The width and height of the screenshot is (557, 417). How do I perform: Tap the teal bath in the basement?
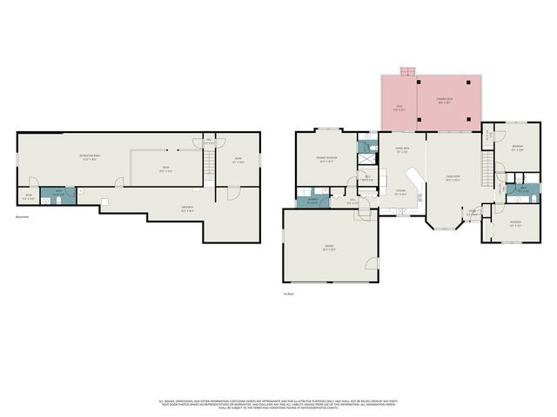[x=57, y=195]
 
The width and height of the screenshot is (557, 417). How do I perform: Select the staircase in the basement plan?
[x=209, y=162]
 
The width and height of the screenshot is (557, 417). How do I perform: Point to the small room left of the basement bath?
[x=28, y=196]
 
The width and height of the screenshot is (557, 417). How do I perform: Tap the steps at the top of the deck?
[x=406, y=70]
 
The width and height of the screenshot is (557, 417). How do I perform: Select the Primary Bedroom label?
[x=326, y=160]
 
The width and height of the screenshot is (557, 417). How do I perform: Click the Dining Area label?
[x=402, y=150]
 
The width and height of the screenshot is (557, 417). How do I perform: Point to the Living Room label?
[x=453, y=179]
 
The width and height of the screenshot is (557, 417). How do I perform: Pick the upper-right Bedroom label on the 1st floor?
[x=517, y=147]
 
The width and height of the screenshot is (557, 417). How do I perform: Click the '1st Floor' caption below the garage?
[x=288, y=295]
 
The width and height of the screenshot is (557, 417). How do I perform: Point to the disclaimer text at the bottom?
[x=278, y=404]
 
